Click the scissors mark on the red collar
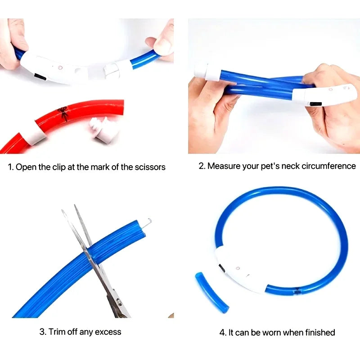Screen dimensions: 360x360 (63, 113)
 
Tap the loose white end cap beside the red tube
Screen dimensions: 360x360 (104, 129)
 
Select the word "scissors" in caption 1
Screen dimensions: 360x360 (150, 167)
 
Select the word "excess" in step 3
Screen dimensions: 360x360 (108, 332)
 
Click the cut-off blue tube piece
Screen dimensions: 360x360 (211, 292)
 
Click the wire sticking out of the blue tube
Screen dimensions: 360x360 (146, 224)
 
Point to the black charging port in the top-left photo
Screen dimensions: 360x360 (40, 76)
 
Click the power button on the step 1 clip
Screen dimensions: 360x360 (60, 67)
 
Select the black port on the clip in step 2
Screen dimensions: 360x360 (315, 104)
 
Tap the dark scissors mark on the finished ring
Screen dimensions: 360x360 (297, 291)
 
